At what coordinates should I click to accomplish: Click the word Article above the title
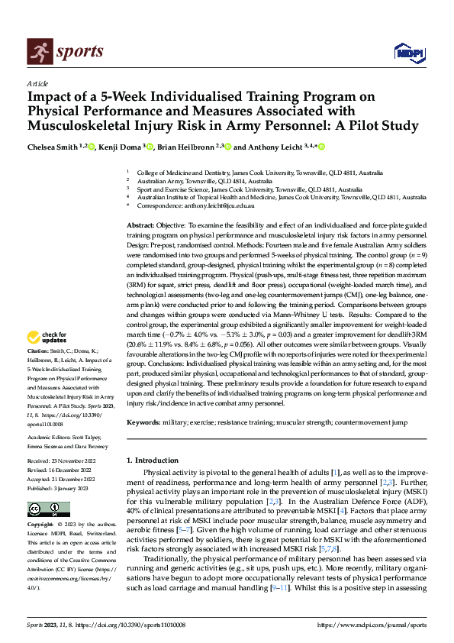click(37, 83)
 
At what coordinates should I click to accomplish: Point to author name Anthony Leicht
click(274, 147)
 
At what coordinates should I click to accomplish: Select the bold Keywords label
click(146, 422)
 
